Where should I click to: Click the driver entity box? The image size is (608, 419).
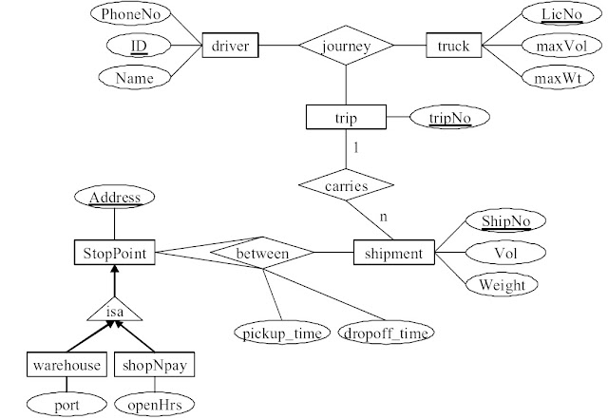[x=230, y=46]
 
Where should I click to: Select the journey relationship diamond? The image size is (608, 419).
[x=346, y=46]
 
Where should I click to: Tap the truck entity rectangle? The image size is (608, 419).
[x=454, y=46]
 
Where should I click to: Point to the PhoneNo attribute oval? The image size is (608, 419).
[x=131, y=14]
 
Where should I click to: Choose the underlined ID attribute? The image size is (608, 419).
[x=139, y=46]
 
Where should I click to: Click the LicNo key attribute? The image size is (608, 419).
[x=561, y=14]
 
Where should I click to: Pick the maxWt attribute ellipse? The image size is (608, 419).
[x=558, y=78]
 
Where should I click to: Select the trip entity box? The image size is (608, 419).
[x=346, y=117]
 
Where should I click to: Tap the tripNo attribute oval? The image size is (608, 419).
[x=449, y=117]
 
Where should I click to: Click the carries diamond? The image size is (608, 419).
[x=346, y=184]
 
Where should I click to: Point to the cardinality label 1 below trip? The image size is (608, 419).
[x=356, y=147]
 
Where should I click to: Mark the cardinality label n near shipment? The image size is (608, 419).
[x=384, y=217]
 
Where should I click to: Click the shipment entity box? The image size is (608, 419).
[x=394, y=253]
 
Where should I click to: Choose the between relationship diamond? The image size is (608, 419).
[x=262, y=253]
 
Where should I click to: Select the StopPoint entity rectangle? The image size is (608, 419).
[x=115, y=253]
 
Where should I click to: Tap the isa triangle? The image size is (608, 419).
[x=115, y=309]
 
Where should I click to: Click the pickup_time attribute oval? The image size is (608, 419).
[x=282, y=333]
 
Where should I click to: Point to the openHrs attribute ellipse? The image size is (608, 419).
[x=154, y=404]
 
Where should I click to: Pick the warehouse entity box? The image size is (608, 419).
[x=66, y=364]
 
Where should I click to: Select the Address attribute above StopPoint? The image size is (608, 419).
[x=114, y=197]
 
